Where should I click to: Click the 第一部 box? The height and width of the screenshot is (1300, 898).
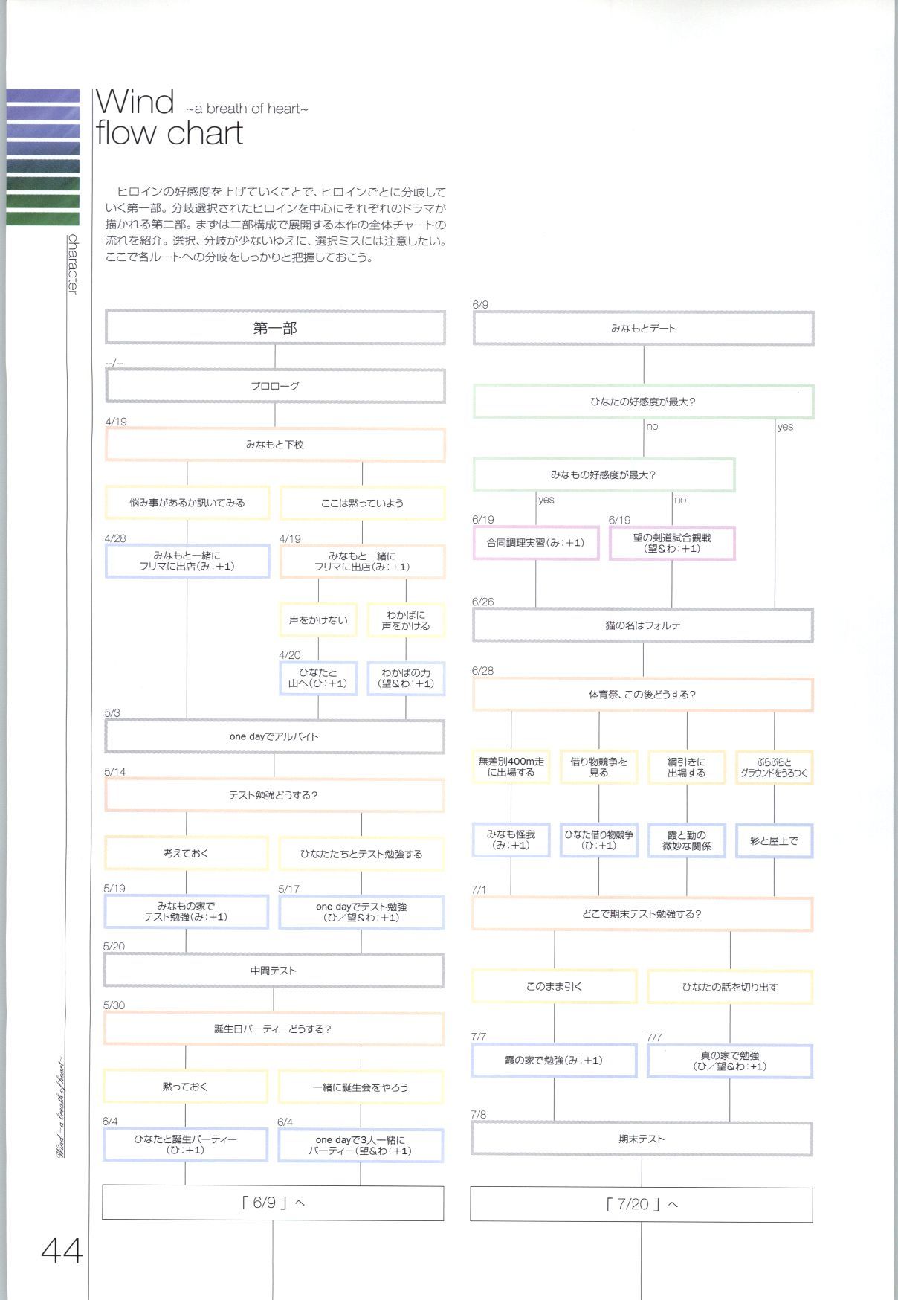pyautogui.click(x=275, y=328)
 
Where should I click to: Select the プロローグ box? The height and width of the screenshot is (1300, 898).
pyautogui.click(x=275, y=386)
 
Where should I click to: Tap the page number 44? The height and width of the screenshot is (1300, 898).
pyautogui.click(x=62, y=1251)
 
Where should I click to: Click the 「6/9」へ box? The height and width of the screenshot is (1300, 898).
pyautogui.click(x=273, y=1203)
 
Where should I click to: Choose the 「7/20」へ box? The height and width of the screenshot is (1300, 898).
pyautogui.click(x=641, y=1204)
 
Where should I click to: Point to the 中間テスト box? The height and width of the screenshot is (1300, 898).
pyautogui.click(x=274, y=971)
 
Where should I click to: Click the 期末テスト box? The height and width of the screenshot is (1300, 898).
pyautogui.click(x=642, y=1139)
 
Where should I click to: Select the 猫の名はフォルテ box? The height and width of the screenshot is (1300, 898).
pyautogui.click(x=643, y=625)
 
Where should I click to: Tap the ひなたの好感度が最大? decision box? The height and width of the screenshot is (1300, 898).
pyautogui.click(x=643, y=402)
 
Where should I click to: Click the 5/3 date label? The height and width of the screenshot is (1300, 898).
pyautogui.click(x=112, y=712)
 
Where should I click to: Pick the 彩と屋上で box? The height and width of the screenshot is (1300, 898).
pyautogui.click(x=774, y=840)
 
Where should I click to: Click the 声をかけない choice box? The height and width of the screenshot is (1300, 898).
pyautogui.click(x=318, y=620)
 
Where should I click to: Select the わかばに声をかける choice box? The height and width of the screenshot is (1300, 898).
pyautogui.click(x=406, y=620)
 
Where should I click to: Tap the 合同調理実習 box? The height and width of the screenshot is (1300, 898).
pyautogui.click(x=535, y=543)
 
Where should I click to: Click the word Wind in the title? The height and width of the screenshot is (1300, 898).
pyautogui.click(x=135, y=102)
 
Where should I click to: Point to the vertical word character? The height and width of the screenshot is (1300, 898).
pyautogui.click(x=73, y=264)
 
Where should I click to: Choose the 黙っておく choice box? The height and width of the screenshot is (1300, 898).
pyautogui.click(x=185, y=1087)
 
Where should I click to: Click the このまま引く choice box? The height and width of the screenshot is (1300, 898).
pyautogui.click(x=554, y=986)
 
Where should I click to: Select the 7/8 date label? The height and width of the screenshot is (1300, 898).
pyautogui.click(x=479, y=1114)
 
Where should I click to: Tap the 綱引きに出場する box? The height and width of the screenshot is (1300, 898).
pyautogui.click(x=686, y=768)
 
